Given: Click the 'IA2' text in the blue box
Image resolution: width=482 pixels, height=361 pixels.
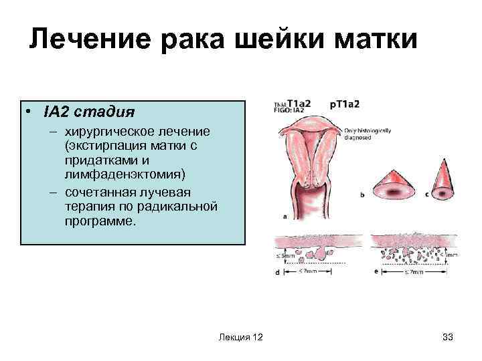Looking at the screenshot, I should pyautogui.click(x=56, y=110).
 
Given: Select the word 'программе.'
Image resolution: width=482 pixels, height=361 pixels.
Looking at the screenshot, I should pyautogui.click(x=100, y=220).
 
